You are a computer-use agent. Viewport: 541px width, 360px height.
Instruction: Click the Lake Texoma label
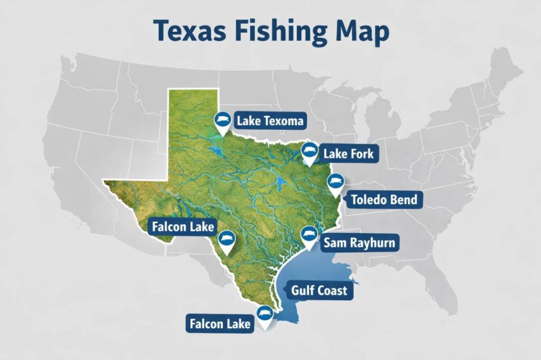coord(270,121)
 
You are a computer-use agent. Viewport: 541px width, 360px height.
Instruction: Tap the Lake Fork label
coord(348,154)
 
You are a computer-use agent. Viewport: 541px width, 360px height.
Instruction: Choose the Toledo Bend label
coord(384,200)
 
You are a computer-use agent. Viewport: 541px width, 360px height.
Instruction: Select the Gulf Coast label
coord(319,290)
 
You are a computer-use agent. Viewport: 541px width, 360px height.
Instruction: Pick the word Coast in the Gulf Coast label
coord(332,290)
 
